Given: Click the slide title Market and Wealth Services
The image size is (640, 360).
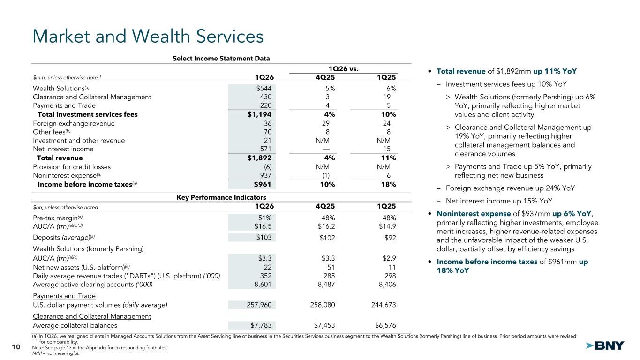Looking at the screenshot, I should pos(147,37).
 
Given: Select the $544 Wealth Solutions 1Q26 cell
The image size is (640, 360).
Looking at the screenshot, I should pos(263,88).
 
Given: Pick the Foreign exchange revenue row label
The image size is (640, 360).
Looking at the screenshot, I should pos(74,123).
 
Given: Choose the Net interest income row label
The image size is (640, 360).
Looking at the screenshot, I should pos(63,149).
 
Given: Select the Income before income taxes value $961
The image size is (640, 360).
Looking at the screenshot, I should pos(262,184).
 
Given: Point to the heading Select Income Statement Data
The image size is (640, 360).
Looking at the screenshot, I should pos(221,59).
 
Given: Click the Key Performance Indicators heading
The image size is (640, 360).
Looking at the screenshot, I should pos(221,197).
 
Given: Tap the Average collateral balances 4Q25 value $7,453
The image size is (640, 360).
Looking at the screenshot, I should pos(324,325).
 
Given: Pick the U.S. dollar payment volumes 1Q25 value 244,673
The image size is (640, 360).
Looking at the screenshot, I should pos(380,305).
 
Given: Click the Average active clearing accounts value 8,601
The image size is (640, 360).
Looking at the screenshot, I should pos(262,284).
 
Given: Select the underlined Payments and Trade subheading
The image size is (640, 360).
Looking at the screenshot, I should pos(64,296).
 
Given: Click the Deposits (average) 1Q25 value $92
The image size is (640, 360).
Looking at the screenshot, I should pos(389,237).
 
